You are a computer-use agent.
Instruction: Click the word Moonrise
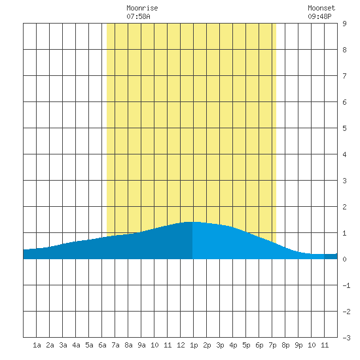point(142,8)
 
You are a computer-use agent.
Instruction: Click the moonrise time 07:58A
point(138,16)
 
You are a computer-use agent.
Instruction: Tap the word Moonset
point(321,8)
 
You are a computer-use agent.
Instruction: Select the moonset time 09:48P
point(319,16)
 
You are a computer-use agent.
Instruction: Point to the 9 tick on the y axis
point(344,24)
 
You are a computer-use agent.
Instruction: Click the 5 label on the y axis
point(344,128)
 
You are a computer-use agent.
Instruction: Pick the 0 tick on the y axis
point(344,259)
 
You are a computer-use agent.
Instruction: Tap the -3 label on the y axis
point(346,338)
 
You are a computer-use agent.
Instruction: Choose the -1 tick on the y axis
point(346,285)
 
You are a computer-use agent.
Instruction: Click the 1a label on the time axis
point(37,345)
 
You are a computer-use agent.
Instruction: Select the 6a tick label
point(102,345)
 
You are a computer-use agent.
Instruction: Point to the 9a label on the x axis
point(141,345)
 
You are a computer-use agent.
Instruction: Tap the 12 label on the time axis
point(181,345)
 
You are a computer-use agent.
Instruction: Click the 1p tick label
point(194,345)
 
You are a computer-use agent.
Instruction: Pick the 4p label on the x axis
point(233,345)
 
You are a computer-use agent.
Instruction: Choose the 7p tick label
point(272,345)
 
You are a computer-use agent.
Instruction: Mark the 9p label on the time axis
point(298,345)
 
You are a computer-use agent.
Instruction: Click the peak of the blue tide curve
point(192,222)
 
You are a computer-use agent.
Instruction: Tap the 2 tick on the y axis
point(344,207)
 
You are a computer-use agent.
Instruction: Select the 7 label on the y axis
point(344,76)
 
